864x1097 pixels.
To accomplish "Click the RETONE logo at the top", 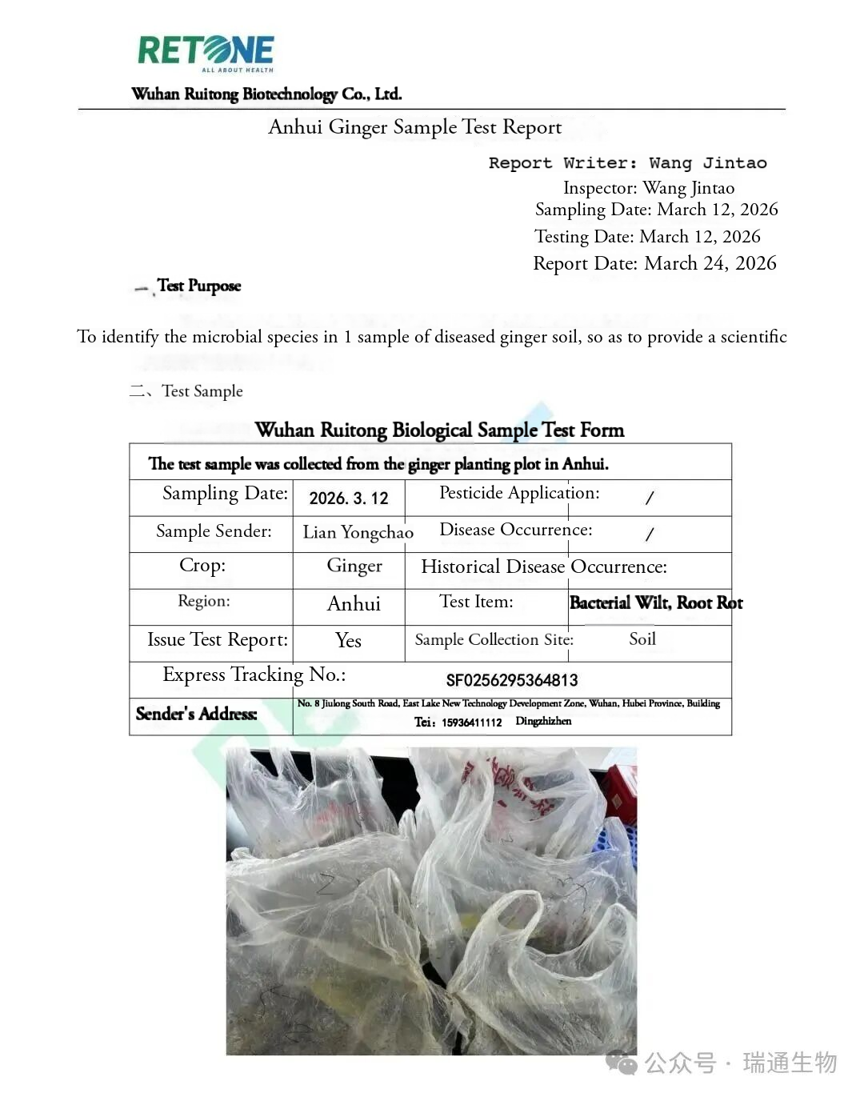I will [206, 51].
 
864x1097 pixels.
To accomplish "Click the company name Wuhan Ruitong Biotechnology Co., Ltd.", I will [266, 94].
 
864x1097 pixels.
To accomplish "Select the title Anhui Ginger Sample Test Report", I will [414, 127].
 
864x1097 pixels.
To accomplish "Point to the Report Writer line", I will [627, 163].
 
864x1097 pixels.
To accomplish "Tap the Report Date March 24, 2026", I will [654, 263].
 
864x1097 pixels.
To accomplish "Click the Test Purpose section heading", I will [198, 286].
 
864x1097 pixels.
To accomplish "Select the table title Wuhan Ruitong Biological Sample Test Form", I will [439, 430].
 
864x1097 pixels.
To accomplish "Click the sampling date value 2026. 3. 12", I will [349, 498].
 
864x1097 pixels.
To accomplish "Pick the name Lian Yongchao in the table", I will [358, 533].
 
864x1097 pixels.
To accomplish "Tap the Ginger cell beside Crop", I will [354, 567].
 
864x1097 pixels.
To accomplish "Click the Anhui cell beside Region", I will [354, 603].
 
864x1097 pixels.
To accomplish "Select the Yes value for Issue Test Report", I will [348, 640].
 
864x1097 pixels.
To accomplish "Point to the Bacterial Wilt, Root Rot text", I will [655, 603].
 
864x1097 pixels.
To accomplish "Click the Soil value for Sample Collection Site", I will [642, 639].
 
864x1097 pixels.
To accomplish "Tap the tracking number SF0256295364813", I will [512, 680].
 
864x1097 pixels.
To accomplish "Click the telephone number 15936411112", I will [471, 723].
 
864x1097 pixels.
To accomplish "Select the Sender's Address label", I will [196, 714].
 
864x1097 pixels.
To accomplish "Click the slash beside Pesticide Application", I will [649, 498].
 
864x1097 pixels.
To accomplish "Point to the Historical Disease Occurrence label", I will [543, 567].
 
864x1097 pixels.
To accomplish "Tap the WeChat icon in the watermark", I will [622, 1063].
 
